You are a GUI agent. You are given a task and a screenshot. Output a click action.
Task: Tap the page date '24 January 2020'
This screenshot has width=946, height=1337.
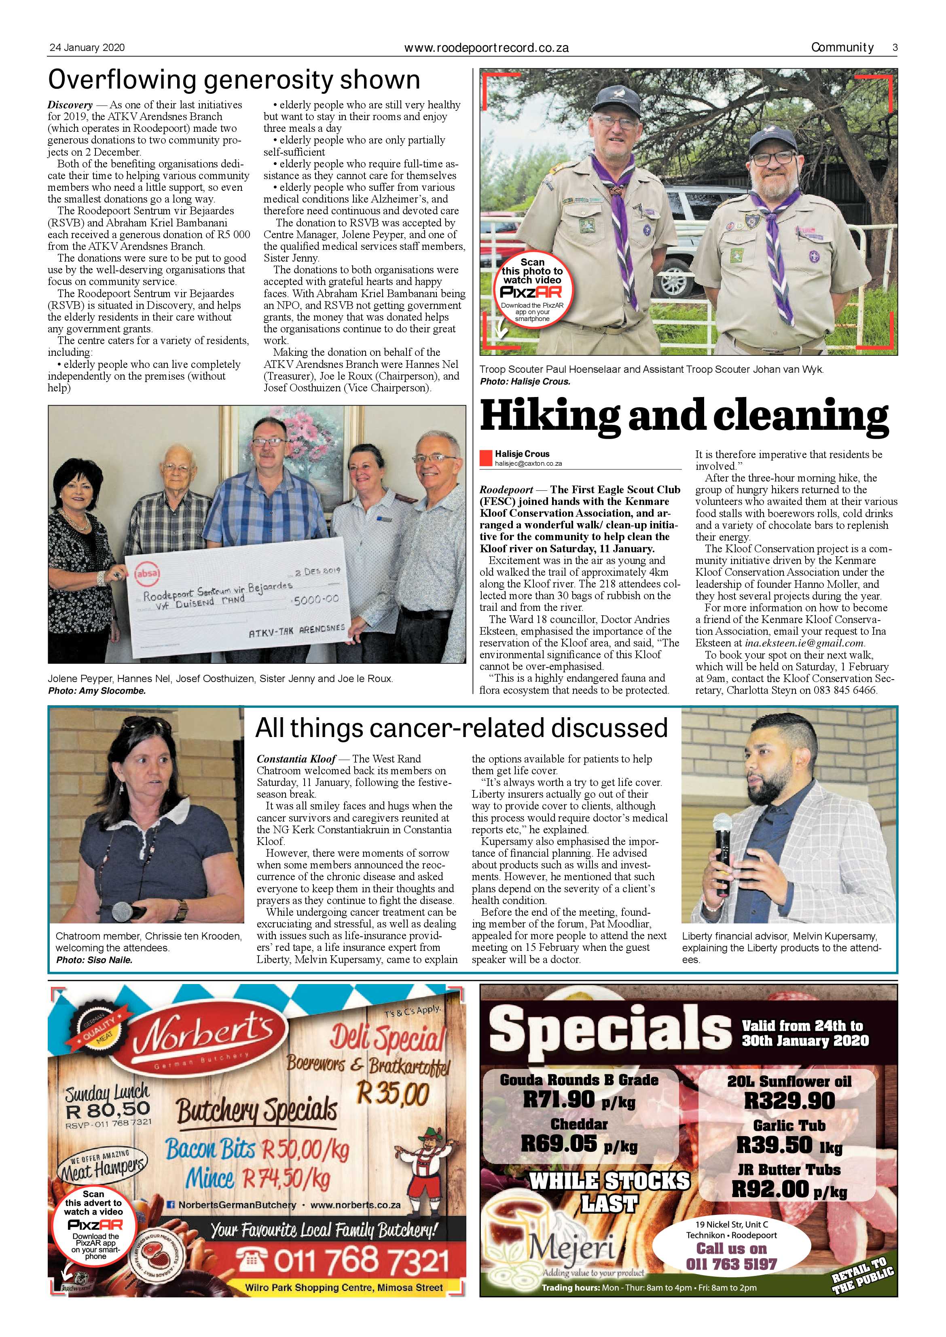(x=87, y=48)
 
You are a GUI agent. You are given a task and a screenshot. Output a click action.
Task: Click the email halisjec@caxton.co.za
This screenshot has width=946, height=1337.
(x=528, y=464)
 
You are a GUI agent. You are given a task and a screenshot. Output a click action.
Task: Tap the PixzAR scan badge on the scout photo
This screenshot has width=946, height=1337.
(x=532, y=290)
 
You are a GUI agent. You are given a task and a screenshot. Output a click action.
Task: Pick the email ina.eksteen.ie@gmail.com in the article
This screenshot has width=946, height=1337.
(x=796, y=643)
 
